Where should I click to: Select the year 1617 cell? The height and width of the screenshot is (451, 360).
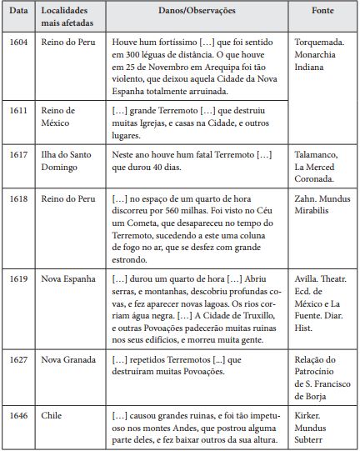pos(17,155)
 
